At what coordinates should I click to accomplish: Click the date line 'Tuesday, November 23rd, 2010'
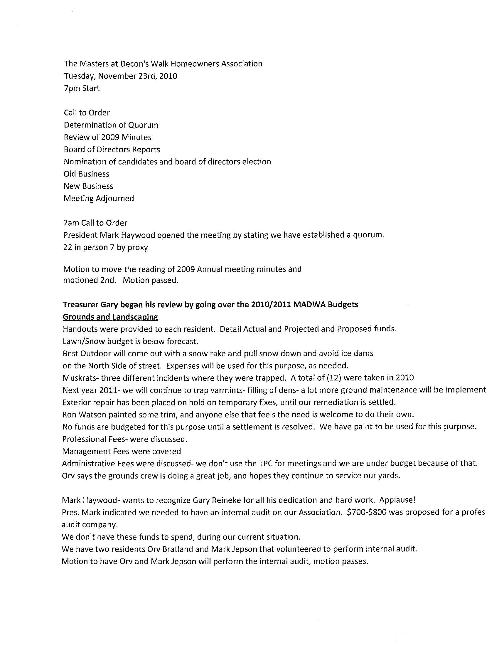[121, 76]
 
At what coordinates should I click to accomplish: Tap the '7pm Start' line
[82, 88]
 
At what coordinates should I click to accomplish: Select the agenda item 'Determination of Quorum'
[111, 125]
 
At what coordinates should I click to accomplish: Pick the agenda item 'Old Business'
[86, 174]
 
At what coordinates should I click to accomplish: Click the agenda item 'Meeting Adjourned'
[99, 199]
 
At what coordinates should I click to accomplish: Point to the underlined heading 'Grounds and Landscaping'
[110, 317]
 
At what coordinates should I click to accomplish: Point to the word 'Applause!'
[398, 500]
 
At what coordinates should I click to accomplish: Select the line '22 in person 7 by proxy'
[106, 248]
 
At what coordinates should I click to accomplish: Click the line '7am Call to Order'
[95, 223]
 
